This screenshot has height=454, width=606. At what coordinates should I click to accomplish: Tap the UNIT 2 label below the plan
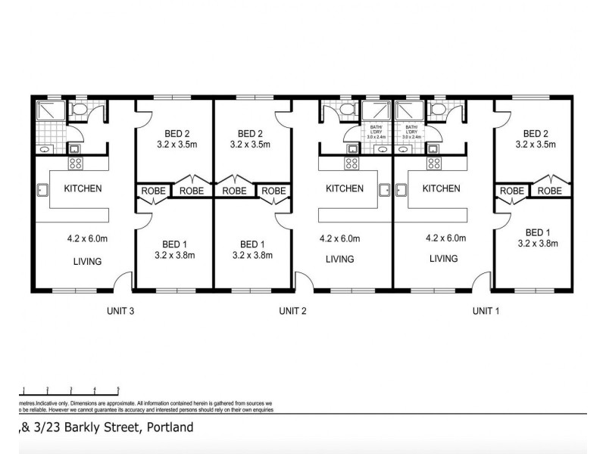[293, 310]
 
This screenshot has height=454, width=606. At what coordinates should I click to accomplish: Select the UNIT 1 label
[486, 310]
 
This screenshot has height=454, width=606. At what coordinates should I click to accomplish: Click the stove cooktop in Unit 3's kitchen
[76, 163]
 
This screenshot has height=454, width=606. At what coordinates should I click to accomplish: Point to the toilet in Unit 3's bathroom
[80, 112]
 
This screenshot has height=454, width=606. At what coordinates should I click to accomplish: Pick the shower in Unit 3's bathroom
[47, 113]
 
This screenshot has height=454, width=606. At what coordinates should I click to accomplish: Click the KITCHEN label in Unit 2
[345, 188]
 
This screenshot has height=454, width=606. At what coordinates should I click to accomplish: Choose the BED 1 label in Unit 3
[175, 244]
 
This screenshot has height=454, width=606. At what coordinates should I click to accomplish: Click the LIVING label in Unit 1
[443, 259]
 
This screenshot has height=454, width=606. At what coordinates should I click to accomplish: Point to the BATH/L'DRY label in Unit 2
[376, 129]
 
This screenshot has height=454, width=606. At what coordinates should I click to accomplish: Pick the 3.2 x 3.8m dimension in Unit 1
[537, 244]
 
